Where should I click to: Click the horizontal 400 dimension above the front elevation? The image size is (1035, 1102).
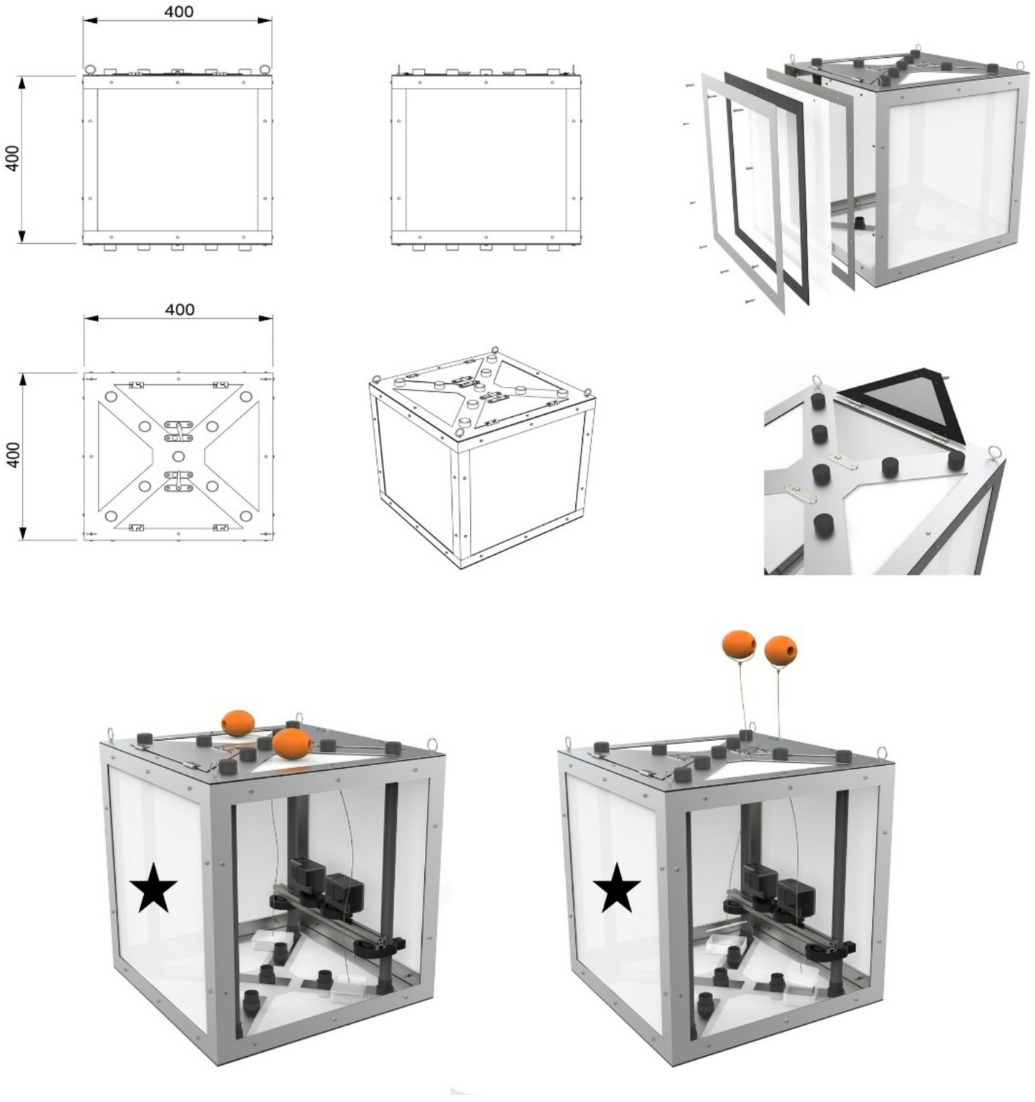pos(178,12)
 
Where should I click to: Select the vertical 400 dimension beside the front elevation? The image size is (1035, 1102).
pos(12,158)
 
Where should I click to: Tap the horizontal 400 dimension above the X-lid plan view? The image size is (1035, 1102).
pos(179,310)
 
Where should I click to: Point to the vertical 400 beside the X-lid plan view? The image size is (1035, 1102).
pos(12,455)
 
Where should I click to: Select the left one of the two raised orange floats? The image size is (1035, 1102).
pos(739,645)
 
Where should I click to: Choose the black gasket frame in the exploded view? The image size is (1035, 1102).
pos(765,186)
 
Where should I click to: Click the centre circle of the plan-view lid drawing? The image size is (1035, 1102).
pos(178,456)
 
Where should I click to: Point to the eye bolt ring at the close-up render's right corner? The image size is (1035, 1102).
pos(994,452)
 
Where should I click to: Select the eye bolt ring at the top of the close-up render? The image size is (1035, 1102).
pos(816,382)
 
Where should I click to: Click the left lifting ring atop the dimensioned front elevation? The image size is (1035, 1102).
pos(90,69)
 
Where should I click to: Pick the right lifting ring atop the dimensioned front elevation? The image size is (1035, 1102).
pos(265,69)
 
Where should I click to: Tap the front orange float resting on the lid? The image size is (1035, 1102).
pos(292,744)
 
